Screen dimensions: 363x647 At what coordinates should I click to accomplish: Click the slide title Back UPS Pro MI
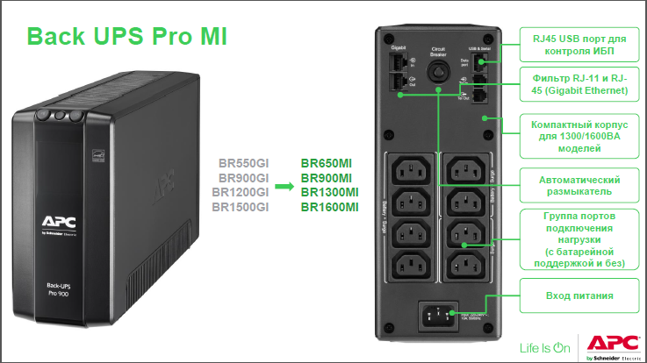pyautogui.click(x=126, y=37)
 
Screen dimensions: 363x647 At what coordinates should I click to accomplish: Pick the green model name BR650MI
pyautogui.click(x=326, y=162)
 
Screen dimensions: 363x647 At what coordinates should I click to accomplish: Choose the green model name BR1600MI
pyautogui.click(x=329, y=207)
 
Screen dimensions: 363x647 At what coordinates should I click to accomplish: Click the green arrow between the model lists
pyautogui.click(x=284, y=186)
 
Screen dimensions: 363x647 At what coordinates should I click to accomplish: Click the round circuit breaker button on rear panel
pyautogui.click(x=437, y=71)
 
